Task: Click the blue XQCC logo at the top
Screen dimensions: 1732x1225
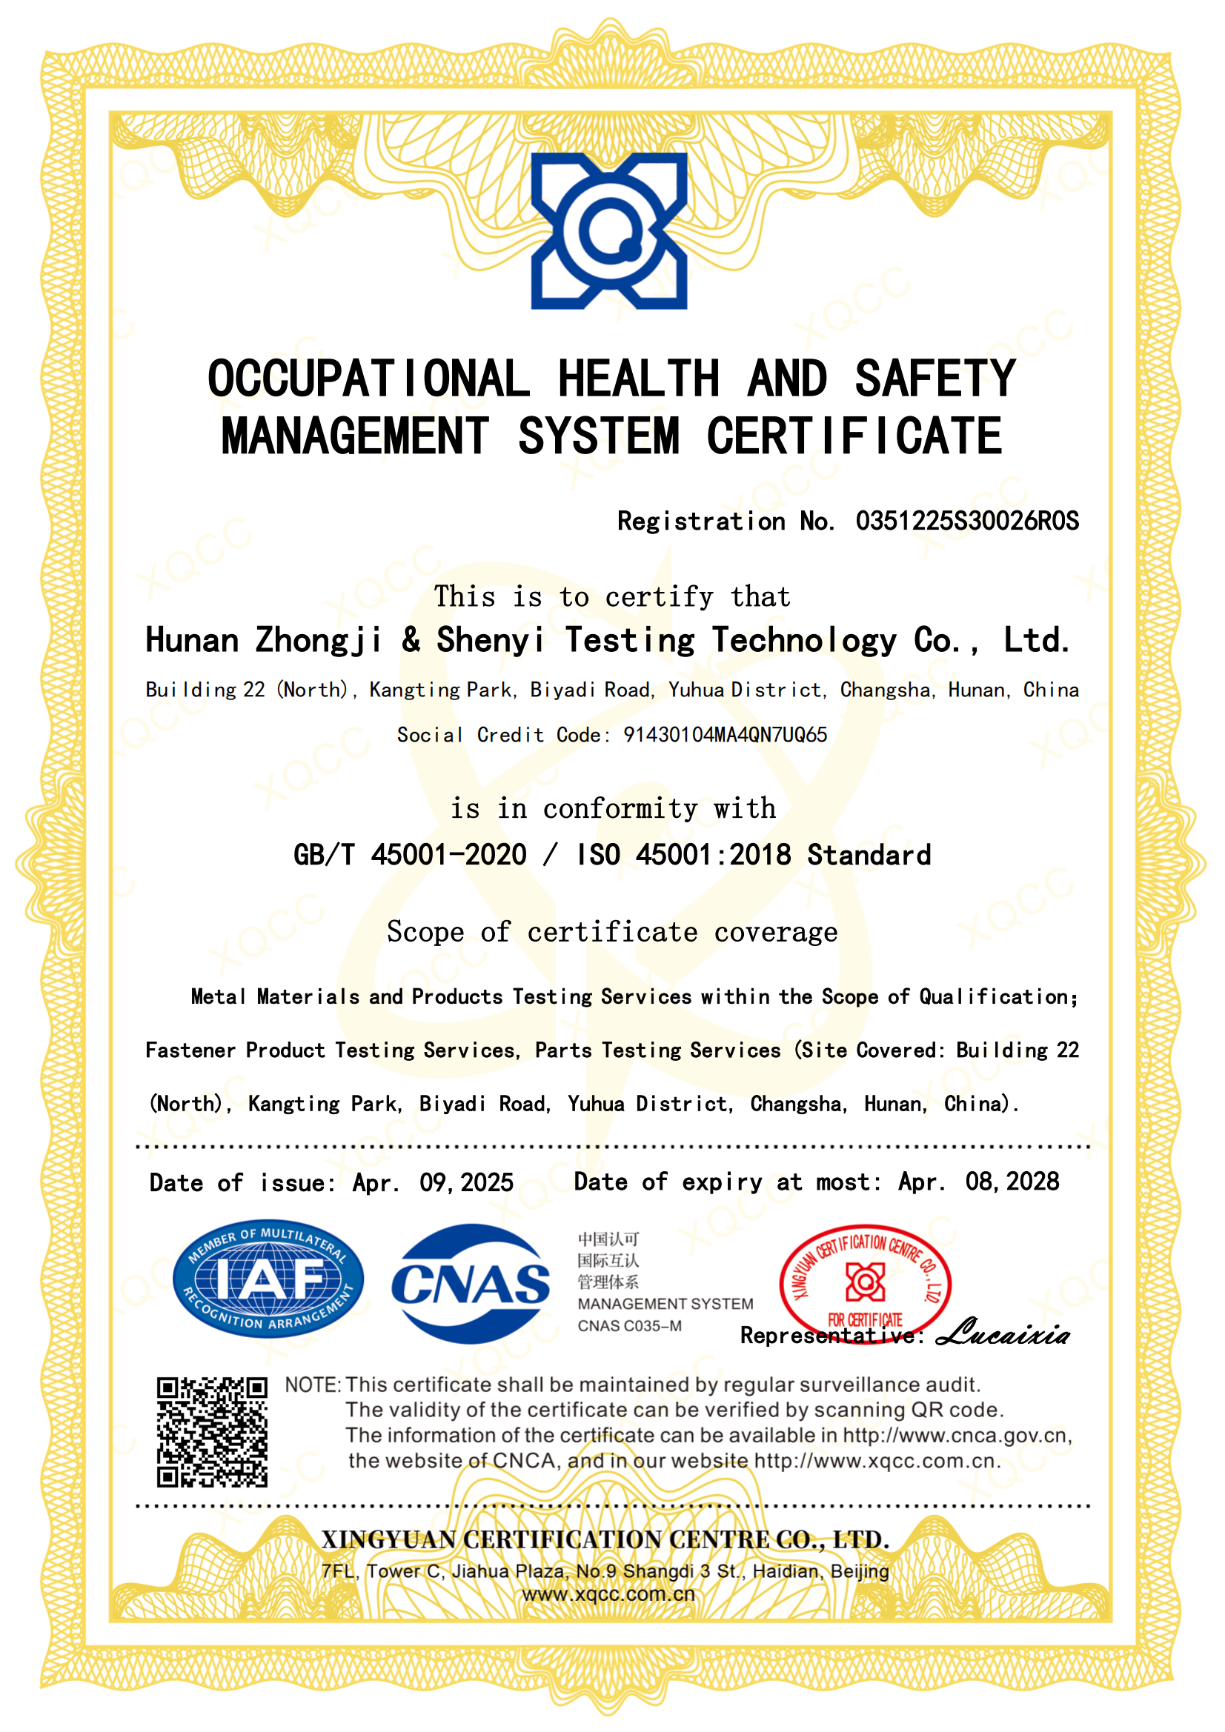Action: click(608, 231)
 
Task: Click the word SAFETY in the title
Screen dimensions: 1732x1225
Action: click(934, 379)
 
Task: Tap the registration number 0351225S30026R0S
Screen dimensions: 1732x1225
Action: click(967, 522)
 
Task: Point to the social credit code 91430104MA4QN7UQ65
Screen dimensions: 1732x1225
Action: click(725, 735)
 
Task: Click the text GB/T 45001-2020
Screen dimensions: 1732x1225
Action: click(410, 855)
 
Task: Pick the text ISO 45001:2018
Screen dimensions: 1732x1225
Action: click(683, 855)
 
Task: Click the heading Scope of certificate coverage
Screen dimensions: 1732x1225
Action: click(612, 933)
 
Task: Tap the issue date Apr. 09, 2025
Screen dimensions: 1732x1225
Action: click(433, 1182)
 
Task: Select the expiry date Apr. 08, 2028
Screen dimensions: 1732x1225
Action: click(978, 1182)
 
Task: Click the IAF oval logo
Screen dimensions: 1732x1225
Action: click(268, 1279)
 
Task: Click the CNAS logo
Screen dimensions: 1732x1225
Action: click(471, 1283)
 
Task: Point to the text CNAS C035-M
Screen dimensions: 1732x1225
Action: click(629, 1326)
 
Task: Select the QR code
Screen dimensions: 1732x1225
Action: click(212, 1433)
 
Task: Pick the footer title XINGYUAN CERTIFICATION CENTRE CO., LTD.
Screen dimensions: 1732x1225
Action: click(605, 1539)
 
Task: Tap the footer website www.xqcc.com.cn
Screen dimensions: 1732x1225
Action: click(608, 1594)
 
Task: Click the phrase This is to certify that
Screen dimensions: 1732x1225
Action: click(612, 596)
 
